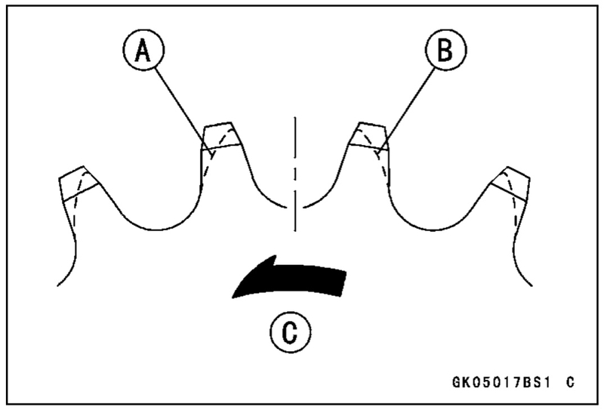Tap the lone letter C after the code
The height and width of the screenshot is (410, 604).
[x=569, y=383]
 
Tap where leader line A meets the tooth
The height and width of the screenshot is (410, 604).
[x=205, y=142]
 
